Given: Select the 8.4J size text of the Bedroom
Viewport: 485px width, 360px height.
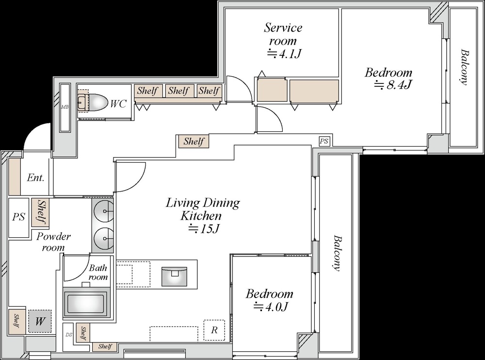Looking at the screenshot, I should [x=393, y=85].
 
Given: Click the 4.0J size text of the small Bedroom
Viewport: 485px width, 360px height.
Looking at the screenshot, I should [x=271, y=307].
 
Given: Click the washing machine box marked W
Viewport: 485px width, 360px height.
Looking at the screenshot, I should [x=40, y=321].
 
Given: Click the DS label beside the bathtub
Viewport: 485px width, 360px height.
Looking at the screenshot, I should [x=69, y=335].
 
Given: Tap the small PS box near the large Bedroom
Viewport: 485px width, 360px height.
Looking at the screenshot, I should [x=324, y=141].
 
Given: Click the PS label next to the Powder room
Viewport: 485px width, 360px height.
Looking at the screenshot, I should [x=19, y=217].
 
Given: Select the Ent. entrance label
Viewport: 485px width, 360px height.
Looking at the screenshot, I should [x=35, y=178].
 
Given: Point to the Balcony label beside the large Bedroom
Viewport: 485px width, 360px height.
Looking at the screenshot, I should [x=464, y=67].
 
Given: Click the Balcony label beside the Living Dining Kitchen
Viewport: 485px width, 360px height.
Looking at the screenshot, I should [x=338, y=253].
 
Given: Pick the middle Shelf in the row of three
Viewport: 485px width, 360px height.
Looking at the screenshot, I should [x=178, y=91].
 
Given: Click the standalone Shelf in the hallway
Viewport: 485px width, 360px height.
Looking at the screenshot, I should [x=194, y=142].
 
